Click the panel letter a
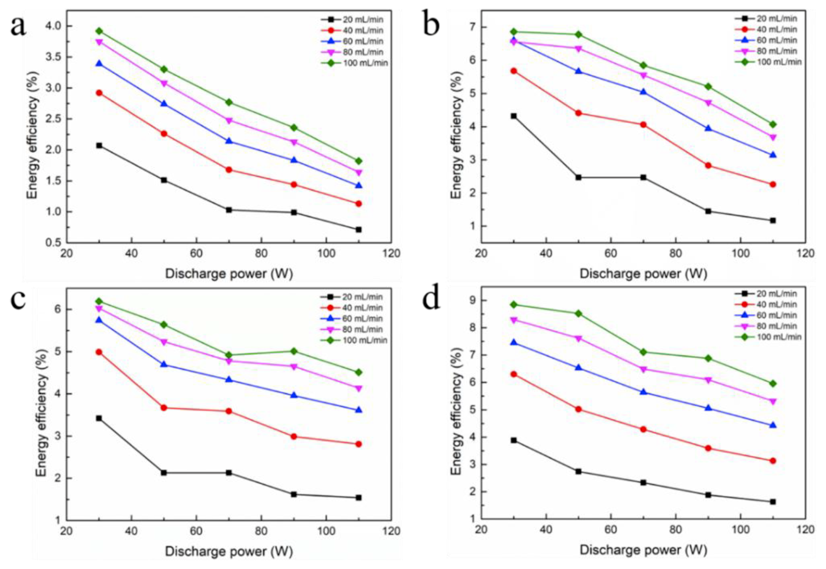pyautogui.click(x=18, y=26)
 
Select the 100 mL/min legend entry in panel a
pyautogui.click(x=354, y=63)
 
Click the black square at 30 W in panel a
pyautogui.click(x=99, y=145)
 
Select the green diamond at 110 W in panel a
pyautogui.click(x=358, y=161)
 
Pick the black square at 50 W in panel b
pyautogui.click(x=579, y=177)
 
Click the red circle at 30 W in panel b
pyautogui.click(x=514, y=71)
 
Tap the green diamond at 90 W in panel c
pyautogui.click(x=293, y=351)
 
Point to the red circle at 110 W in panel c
pyautogui.click(x=358, y=444)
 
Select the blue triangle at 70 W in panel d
pyautogui.click(x=643, y=392)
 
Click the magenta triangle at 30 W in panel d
pyautogui.click(x=514, y=320)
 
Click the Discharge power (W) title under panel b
pyautogui.click(x=643, y=274)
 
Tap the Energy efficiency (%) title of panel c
pyautogui.click(x=42, y=413)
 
